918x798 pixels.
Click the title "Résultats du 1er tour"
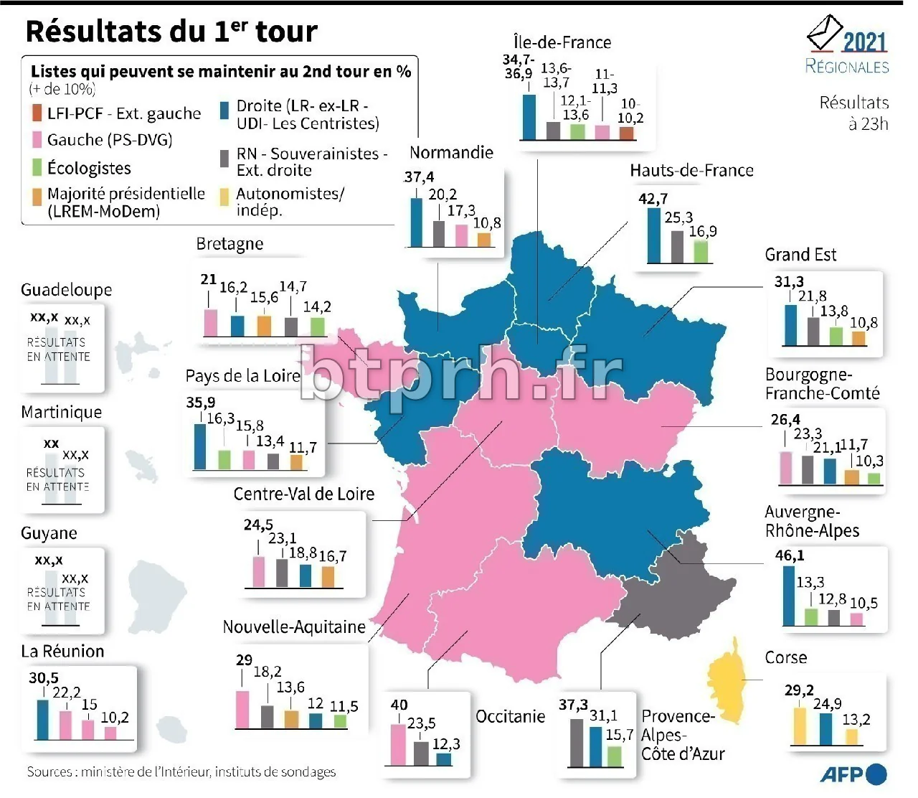pos(171,32)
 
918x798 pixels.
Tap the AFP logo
pos(853,774)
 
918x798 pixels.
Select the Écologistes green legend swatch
pos(37,168)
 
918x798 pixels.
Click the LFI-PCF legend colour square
pos(37,113)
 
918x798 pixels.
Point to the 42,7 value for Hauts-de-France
pos(653,199)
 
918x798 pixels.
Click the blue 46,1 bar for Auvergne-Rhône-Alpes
pos(789,596)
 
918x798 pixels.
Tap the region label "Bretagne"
pos(229,244)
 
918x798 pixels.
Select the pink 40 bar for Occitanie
pos(398,744)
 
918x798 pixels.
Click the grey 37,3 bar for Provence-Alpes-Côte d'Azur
pos(576,742)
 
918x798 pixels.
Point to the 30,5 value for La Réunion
pos(44,678)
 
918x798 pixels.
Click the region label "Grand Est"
pos(800,255)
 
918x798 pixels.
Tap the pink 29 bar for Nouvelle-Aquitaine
pos(243,709)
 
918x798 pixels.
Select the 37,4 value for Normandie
pos(419,177)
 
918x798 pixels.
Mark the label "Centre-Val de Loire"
pos(304,494)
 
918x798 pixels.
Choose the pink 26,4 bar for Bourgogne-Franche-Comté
pos(786,467)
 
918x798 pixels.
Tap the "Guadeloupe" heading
pos(67,290)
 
